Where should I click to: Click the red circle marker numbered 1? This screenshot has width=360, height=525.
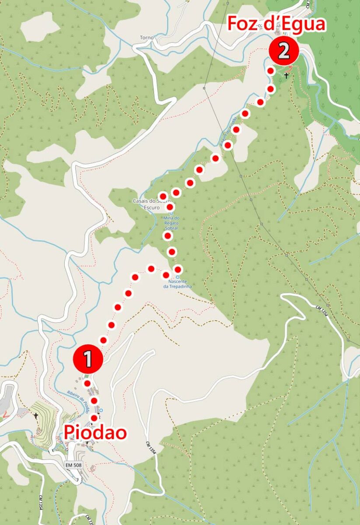[88, 359]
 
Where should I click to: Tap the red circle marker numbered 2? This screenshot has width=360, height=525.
[283, 51]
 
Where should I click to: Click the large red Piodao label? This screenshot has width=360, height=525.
[96, 432]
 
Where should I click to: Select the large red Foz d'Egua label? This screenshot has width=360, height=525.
[276, 24]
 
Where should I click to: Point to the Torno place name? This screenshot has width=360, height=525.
[147, 38]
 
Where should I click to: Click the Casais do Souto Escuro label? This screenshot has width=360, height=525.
[147, 204]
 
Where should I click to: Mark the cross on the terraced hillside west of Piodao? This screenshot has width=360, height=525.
[35, 415]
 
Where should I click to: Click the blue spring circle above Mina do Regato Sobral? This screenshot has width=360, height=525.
[171, 213]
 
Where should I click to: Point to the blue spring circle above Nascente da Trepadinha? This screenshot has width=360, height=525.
[178, 277]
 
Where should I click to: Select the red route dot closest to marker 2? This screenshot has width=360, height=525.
[271, 71]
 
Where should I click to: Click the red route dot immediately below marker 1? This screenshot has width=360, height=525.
[87, 383]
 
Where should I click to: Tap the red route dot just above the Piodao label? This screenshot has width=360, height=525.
[94, 418]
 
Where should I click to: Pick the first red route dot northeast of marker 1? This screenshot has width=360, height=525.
[103, 340]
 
